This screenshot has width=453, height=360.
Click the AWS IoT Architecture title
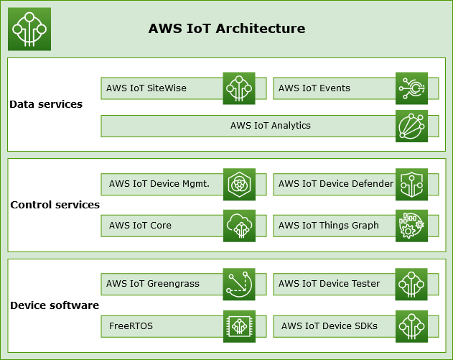227,29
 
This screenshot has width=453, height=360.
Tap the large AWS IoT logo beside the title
29,29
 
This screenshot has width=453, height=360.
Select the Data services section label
46,104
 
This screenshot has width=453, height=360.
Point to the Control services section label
55,205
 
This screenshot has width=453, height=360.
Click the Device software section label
55,305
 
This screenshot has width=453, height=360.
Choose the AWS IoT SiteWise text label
146,88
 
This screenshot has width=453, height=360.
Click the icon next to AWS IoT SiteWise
239,88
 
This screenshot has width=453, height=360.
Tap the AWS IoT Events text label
314,88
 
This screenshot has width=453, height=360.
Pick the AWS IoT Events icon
411,88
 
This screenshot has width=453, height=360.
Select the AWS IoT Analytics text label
271,126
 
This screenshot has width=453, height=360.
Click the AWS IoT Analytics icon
411,126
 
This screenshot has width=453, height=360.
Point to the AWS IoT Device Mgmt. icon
239,184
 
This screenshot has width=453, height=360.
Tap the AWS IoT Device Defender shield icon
411,184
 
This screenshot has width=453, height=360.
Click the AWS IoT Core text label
140,226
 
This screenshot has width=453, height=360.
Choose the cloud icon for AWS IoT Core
239,226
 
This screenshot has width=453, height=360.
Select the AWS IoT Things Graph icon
411,226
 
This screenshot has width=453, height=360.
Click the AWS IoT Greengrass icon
239,285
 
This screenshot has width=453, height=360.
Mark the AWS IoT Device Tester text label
330,284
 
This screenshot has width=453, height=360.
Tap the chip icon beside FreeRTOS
239,326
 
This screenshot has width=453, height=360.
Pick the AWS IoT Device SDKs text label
330,326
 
